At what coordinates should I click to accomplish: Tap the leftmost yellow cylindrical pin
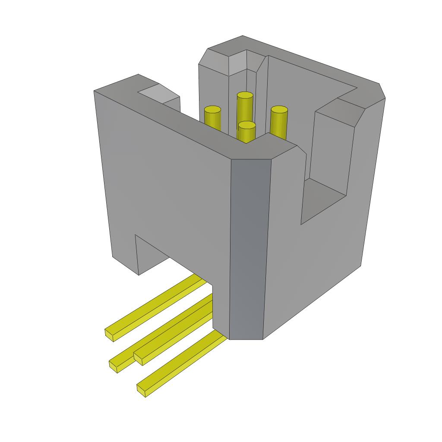coord(212,117)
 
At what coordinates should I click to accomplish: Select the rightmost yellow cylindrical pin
coord(279,121)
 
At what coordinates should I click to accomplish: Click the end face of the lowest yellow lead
coord(141,390)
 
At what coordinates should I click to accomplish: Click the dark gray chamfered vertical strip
coord(247,246)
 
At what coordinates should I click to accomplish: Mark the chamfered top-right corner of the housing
coord(382,91)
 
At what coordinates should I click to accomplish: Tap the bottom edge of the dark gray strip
coord(246,338)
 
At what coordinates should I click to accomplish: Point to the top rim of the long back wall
coord(311,65)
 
